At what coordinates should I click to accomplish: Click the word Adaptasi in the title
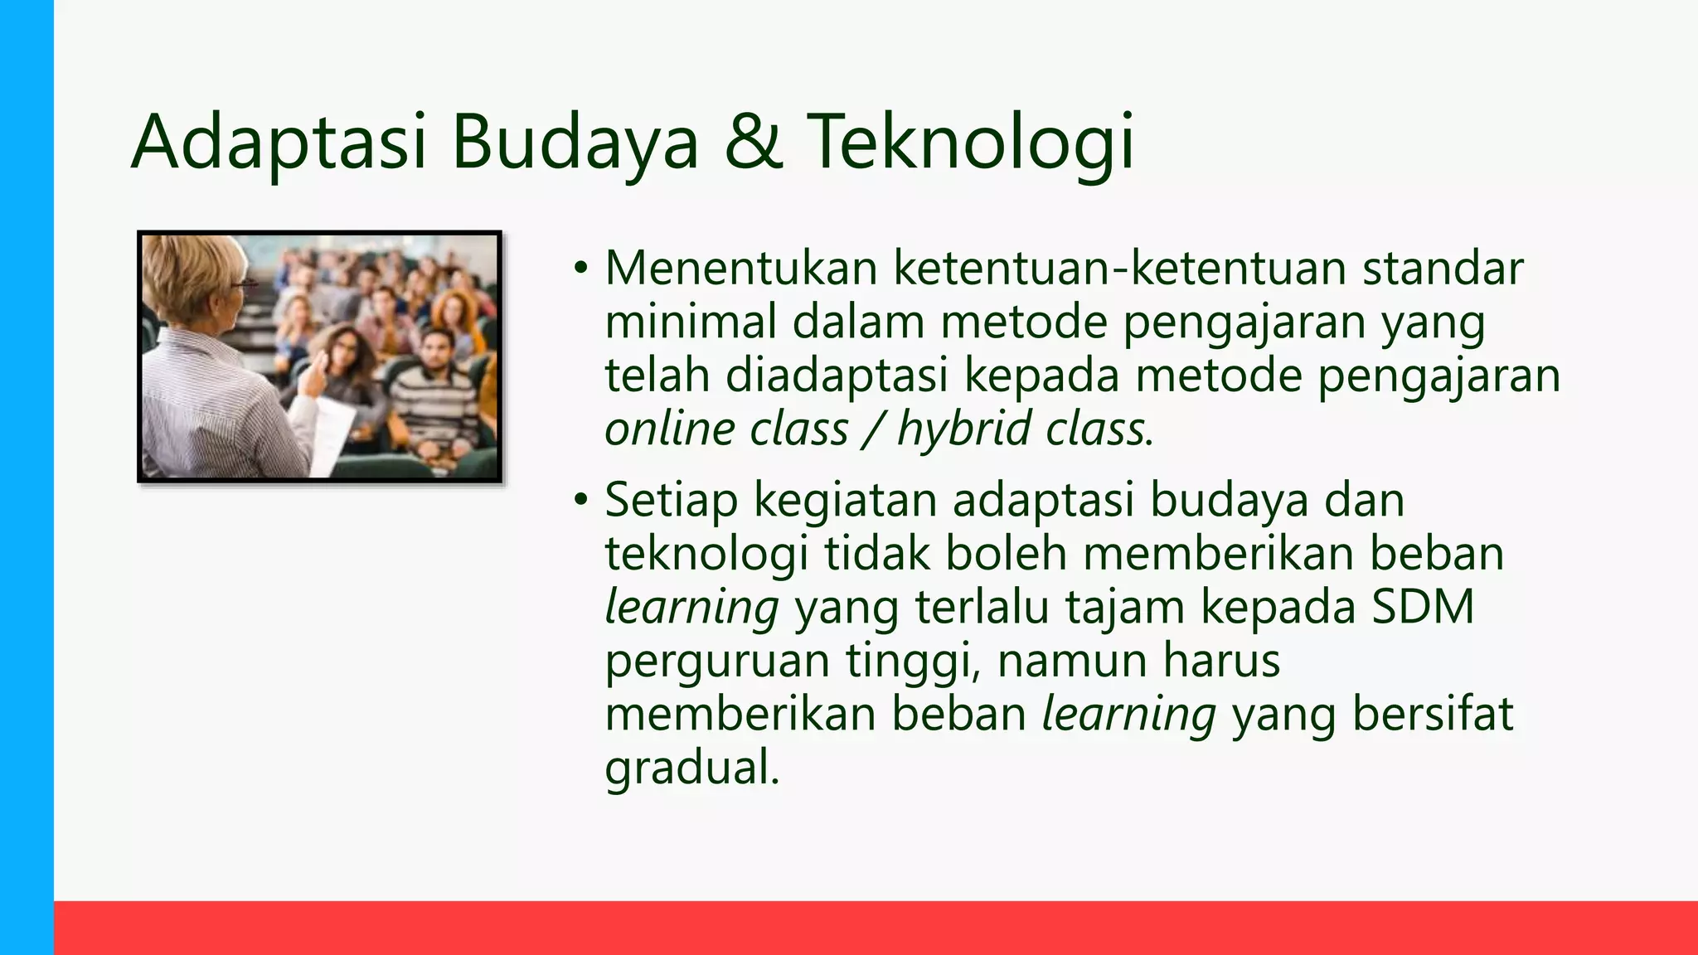[x=279, y=143]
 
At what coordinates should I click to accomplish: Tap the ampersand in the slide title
[x=753, y=143]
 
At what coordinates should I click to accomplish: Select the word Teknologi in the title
[x=969, y=143]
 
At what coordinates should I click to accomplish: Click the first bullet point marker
[x=580, y=269]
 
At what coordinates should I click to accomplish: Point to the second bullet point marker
[x=580, y=501]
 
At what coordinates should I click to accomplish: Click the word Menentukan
[x=741, y=269]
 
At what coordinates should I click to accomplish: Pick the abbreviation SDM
[x=1423, y=607]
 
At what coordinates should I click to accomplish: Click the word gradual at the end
[x=690, y=768]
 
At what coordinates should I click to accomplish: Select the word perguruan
[x=716, y=662]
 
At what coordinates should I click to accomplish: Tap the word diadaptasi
[x=837, y=375]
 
